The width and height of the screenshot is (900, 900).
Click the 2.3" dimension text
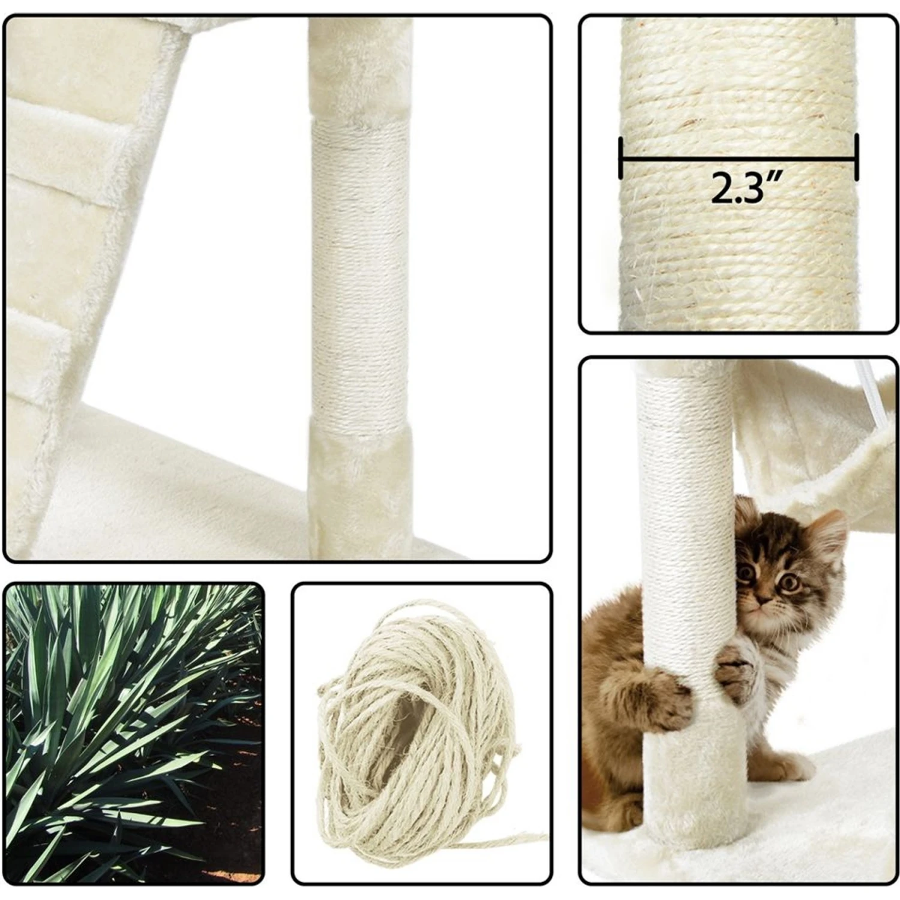coord(741,187)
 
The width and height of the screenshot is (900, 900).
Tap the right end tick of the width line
coord(856,157)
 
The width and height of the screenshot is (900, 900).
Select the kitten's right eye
coord(746,573)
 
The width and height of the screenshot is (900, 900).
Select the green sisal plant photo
coord(134,733)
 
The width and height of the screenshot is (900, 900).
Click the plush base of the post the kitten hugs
coord(690,780)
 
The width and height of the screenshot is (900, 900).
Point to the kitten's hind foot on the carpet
coord(780,765)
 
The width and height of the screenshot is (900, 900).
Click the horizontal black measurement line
coord(739,159)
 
